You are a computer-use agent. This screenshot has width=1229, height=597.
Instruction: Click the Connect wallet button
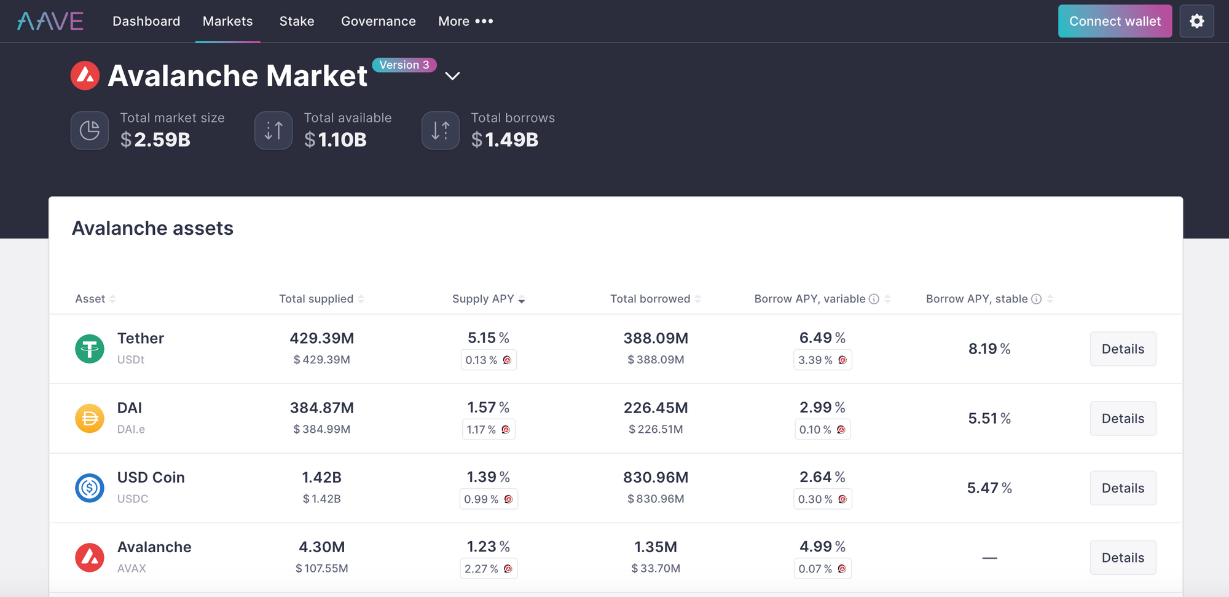pyautogui.click(x=1115, y=22)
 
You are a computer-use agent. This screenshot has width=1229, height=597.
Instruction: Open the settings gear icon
pyautogui.click(x=1196, y=22)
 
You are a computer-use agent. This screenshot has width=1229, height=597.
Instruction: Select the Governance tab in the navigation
pyautogui.click(x=378, y=22)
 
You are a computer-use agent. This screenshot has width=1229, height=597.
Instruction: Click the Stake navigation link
pyautogui.click(x=297, y=22)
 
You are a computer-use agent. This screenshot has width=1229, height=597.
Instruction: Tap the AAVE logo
pyautogui.click(x=50, y=22)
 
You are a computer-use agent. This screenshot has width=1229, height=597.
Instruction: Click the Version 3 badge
pyautogui.click(x=404, y=65)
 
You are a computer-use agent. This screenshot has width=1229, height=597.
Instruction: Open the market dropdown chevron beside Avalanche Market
pyautogui.click(x=452, y=76)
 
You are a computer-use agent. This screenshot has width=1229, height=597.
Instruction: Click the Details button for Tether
pyautogui.click(x=1123, y=349)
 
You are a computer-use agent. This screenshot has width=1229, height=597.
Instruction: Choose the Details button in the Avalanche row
pyautogui.click(x=1123, y=558)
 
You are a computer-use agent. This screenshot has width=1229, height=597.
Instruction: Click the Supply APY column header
pyautogui.click(x=483, y=299)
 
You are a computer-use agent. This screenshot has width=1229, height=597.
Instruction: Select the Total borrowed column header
pyautogui.click(x=650, y=299)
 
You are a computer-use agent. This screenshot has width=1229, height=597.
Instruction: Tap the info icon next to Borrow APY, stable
pyautogui.click(x=1036, y=299)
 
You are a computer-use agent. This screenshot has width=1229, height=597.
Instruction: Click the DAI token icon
pyautogui.click(x=90, y=419)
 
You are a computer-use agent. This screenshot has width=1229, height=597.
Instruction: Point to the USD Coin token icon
pyautogui.click(x=90, y=488)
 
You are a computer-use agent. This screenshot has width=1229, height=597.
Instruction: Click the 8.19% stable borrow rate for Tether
pyautogui.click(x=989, y=349)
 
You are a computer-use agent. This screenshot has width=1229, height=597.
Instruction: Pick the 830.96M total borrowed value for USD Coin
pyautogui.click(x=656, y=478)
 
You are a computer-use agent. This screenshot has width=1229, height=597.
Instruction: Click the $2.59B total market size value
pyautogui.click(x=155, y=140)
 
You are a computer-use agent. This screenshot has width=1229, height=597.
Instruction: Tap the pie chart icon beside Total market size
pyautogui.click(x=90, y=130)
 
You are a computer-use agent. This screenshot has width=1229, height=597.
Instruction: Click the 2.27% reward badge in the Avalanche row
pyautogui.click(x=489, y=569)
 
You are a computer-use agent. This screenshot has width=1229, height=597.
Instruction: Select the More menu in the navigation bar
pyautogui.click(x=465, y=22)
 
